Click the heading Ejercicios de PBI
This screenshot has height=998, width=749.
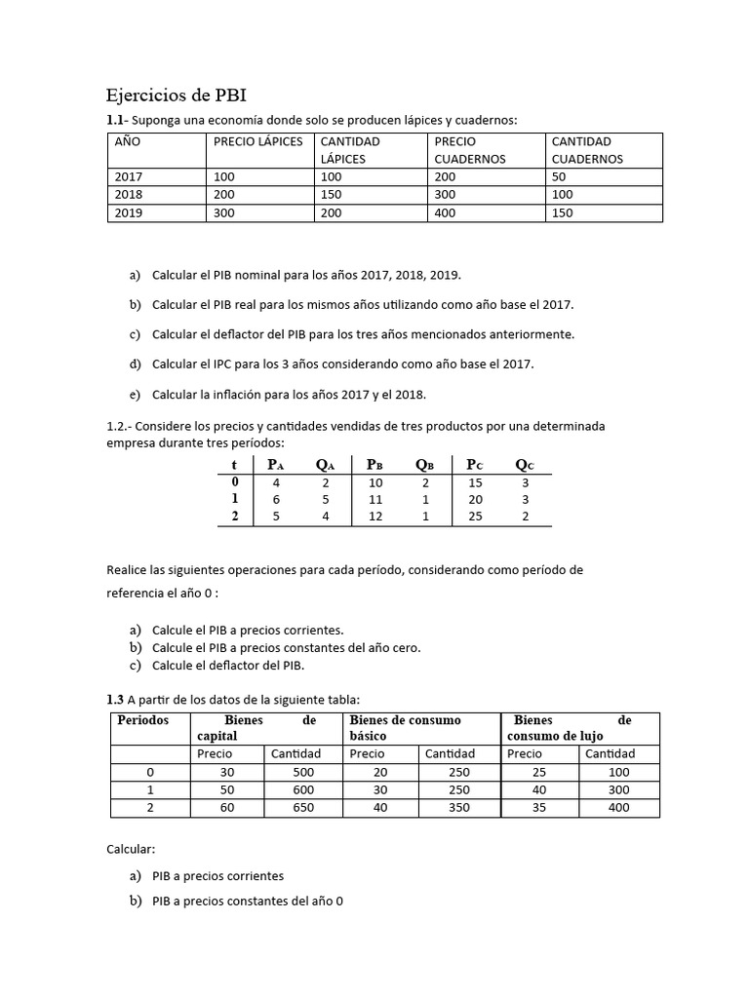tap(176, 96)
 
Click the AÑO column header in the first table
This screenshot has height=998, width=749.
tap(128, 141)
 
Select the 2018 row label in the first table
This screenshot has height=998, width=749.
tap(128, 195)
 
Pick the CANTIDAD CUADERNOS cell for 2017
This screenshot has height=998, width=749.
tap(560, 177)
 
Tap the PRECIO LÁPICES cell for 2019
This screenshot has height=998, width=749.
tap(223, 212)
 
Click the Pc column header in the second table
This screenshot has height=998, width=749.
tap(475, 465)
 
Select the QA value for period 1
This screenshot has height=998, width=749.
tap(326, 499)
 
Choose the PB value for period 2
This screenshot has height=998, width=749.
tap(375, 517)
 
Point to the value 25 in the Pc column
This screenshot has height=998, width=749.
tap(475, 517)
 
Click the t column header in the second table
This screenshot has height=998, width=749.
tap(234, 465)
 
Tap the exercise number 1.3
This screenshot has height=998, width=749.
tap(115, 699)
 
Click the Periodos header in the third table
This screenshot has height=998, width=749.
tap(143, 720)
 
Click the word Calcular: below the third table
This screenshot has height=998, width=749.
tap(132, 849)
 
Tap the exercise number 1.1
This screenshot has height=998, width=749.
tap(115, 120)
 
